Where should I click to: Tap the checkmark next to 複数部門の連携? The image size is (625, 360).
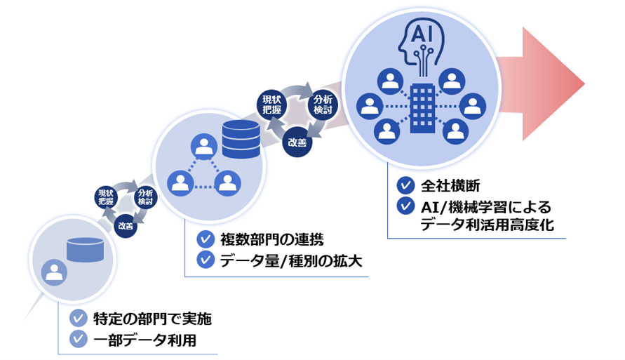(x=205, y=239)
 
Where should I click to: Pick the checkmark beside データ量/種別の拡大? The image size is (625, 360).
(x=205, y=260)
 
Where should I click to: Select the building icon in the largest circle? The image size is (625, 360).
(x=422, y=106)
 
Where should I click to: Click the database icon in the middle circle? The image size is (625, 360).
(x=240, y=139)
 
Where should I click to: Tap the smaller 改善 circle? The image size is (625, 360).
(x=126, y=226)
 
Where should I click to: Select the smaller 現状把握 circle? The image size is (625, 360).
(x=105, y=196)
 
